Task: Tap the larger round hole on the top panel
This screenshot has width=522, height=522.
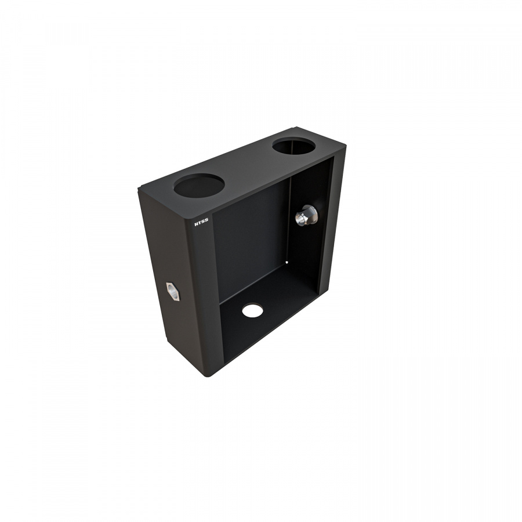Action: click(199, 185)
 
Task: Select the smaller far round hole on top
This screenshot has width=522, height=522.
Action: click(293, 146)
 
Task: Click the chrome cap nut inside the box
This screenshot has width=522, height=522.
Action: click(306, 215)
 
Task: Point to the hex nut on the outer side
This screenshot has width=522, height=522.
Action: click(173, 291)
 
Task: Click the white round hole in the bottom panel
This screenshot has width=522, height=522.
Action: click(252, 310)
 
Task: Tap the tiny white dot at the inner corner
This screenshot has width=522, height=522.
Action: click(287, 262)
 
